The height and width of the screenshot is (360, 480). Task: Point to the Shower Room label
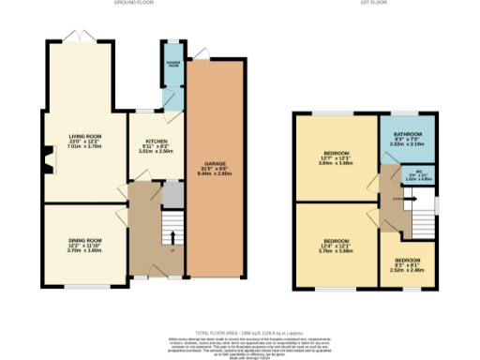tap(173, 64)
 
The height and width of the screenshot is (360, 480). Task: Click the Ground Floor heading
tap(133, 3)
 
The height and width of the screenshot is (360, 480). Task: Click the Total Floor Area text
tap(240, 331)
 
